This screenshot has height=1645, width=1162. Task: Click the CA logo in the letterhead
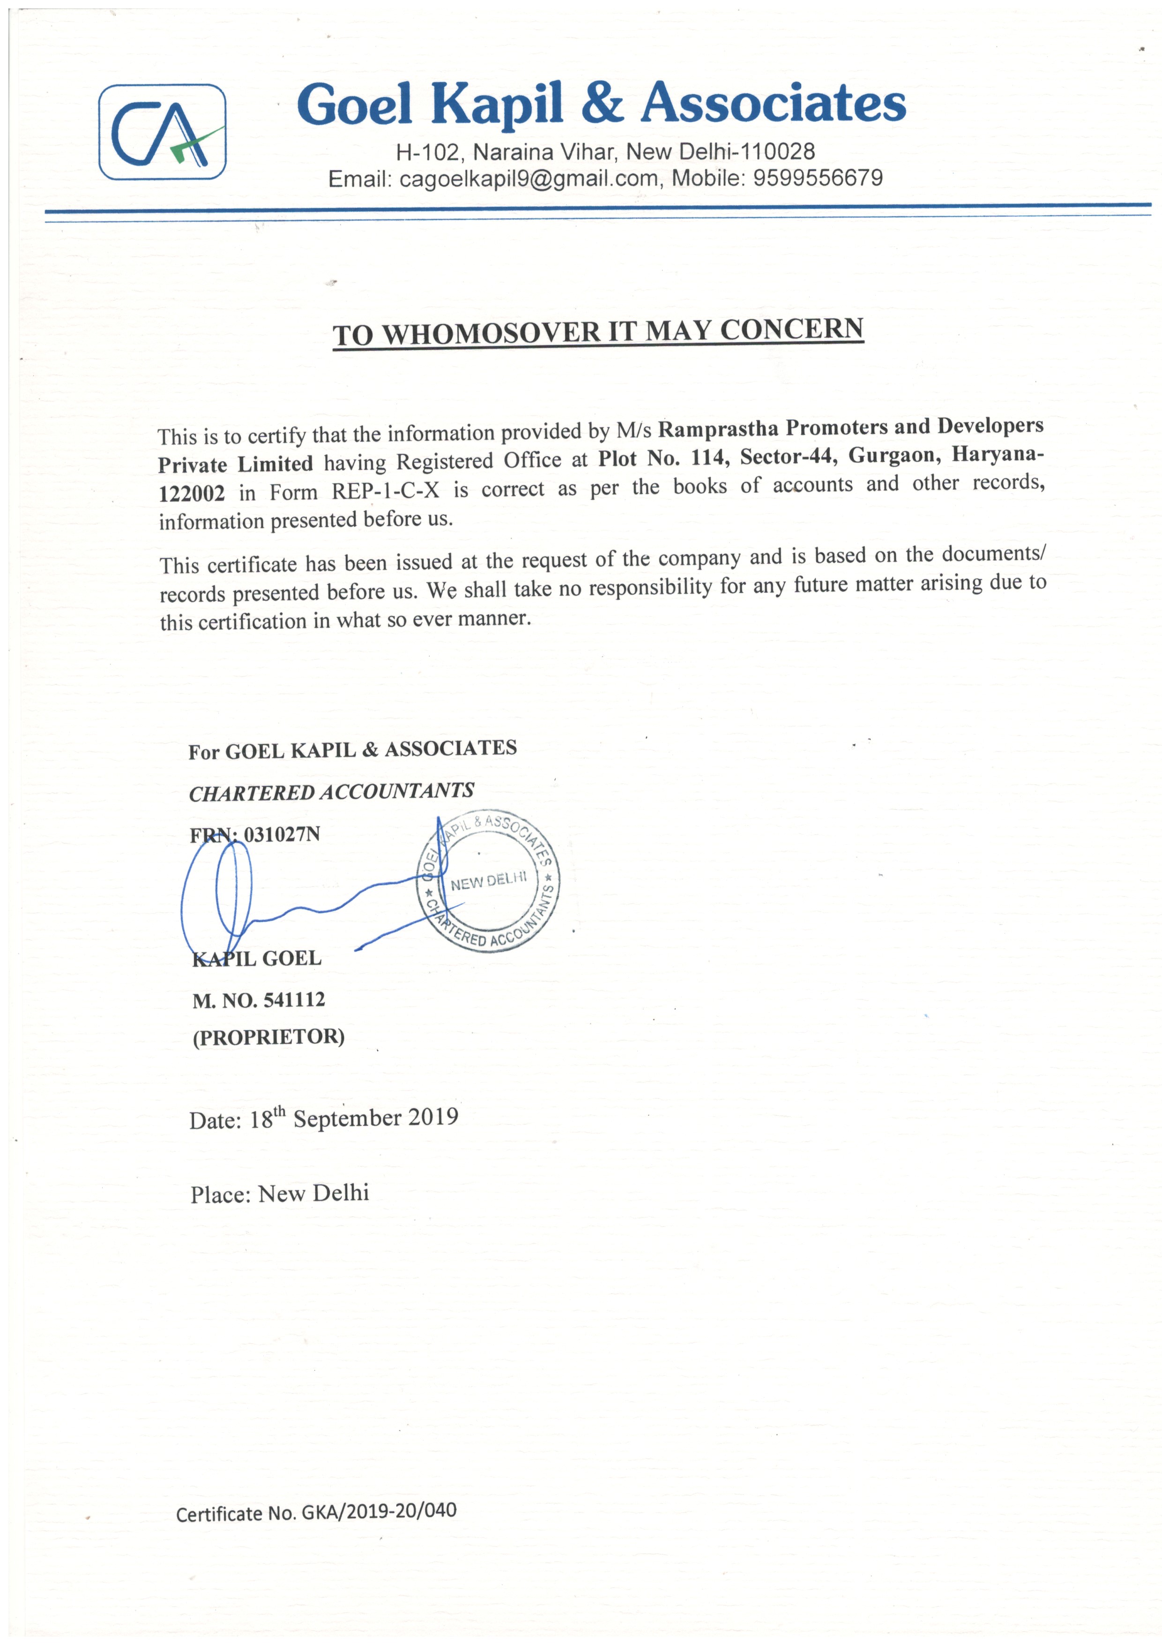pyautogui.click(x=163, y=132)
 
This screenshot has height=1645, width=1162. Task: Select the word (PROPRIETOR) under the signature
pyautogui.click(x=268, y=1037)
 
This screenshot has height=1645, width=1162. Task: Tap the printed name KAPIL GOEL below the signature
pyautogui.click(x=257, y=958)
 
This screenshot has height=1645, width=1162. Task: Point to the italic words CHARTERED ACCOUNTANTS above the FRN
pyautogui.click(x=331, y=792)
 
